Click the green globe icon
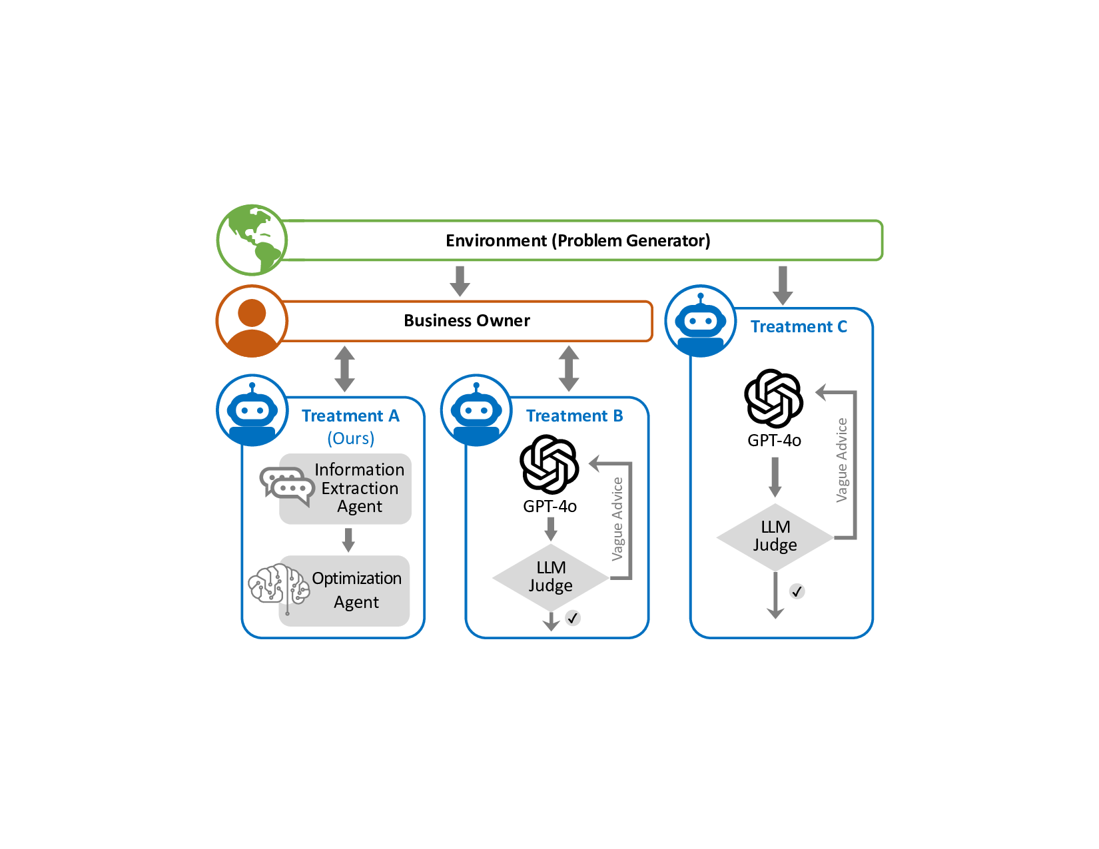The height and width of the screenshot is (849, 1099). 252,240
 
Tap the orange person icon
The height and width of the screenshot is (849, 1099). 252,321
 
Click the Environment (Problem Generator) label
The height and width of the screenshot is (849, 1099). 577,240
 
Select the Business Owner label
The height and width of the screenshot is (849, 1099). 466,321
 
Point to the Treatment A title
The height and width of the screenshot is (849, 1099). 350,416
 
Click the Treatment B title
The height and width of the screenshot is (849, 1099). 574,416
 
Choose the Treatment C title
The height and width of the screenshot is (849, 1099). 799,327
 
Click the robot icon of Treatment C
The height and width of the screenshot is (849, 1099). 700,321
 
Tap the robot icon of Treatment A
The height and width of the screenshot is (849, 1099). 252,410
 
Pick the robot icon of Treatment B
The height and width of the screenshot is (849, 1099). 476,410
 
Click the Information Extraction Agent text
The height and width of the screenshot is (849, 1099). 359,488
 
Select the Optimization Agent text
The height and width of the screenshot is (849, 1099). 356,590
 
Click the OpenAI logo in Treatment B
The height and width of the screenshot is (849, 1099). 549,464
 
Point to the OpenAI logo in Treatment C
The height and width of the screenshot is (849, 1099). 773,398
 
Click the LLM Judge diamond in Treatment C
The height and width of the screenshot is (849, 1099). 775,537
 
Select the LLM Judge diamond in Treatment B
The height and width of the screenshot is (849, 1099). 550,577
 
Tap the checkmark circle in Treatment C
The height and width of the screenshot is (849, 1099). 797,591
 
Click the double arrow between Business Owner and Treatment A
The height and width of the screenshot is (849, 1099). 344,368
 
